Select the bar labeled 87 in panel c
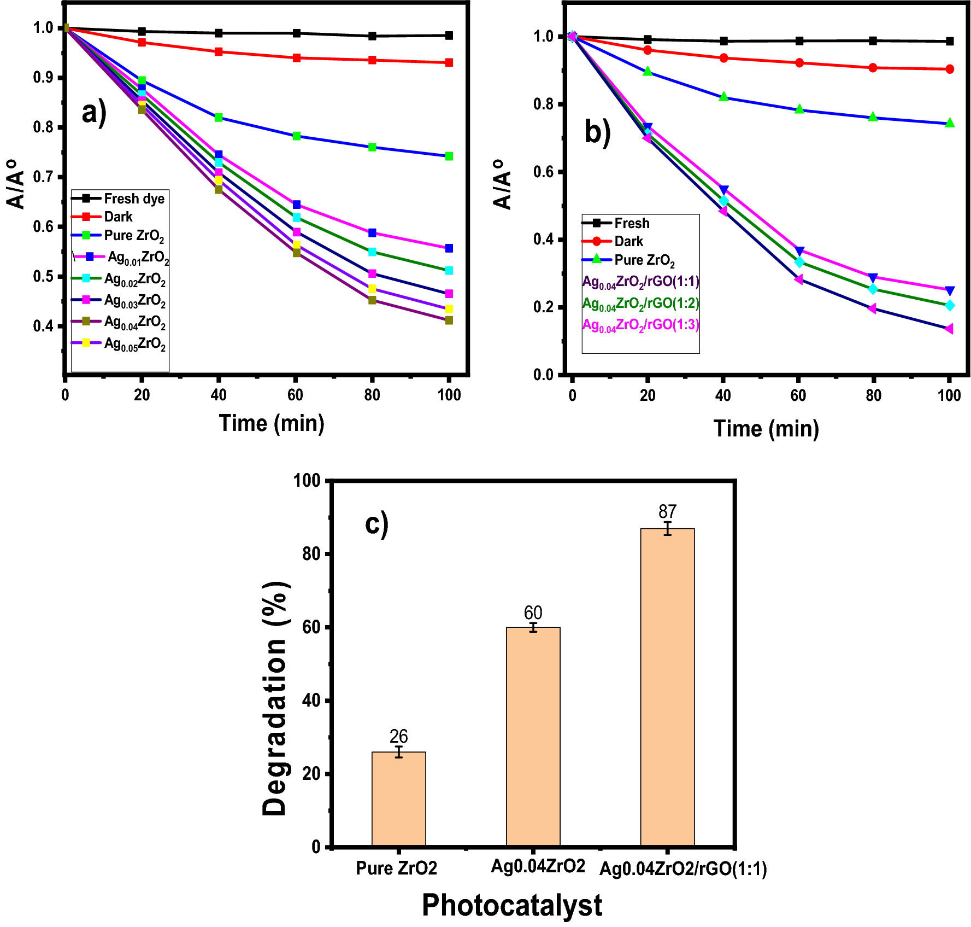pyautogui.click(x=667, y=686)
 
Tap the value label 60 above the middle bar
pyautogui.click(x=533, y=613)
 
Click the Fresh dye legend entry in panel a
pyautogui.click(x=119, y=198)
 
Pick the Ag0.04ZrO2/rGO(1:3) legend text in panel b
pyautogui.click(x=640, y=325)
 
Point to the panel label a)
pyautogui.click(x=94, y=113)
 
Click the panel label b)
pyautogui.click(x=597, y=132)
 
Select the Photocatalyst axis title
pyautogui.click(x=511, y=905)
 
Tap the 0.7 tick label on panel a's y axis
pyautogui.click(x=43, y=177)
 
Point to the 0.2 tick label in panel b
pyautogui.click(x=543, y=307)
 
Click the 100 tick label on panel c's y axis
pyautogui.click(x=307, y=480)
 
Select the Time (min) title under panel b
pyautogui.click(x=766, y=428)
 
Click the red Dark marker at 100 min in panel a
pyautogui.click(x=449, y=63)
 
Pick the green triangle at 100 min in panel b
pyautogui.click(x=950, y=123)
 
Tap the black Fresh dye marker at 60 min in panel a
pyautogui.click(x=296, y=33)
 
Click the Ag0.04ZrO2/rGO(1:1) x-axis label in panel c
pyautogui.click(x=683, y=868)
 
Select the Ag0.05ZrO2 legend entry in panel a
pyautogui.click(x=119, y=343)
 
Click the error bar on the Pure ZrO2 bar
pyautogui.click(x=399, y=752)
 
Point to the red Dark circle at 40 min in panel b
pyautogui.click(x=723, y=58)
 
